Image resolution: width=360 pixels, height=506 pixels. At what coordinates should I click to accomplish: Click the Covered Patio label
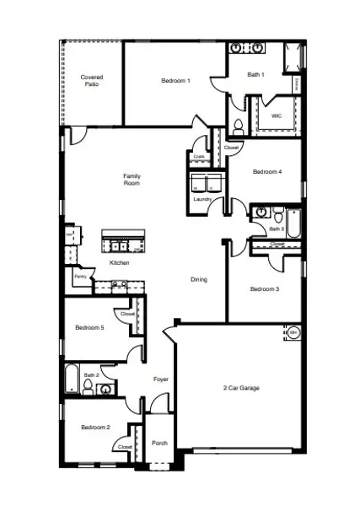click(x=92, y=81)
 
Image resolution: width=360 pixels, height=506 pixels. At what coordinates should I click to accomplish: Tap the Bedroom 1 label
click(x=175, y=81)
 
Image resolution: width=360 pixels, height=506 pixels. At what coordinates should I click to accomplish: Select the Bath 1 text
click(x=255, y=75)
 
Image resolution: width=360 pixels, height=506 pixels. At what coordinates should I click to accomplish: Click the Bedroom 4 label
click(x=267, y=172)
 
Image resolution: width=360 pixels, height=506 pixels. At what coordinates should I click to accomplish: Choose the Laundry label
click(x=201, y=199)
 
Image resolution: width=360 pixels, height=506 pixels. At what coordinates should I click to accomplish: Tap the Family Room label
click(x=132, y=180)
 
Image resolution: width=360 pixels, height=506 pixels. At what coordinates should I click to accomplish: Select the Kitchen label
click(x=120, y=263)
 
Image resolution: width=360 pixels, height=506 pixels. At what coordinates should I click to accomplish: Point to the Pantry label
click(x=80, y=276)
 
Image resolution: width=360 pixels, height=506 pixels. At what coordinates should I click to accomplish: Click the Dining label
click(x=198, y=280)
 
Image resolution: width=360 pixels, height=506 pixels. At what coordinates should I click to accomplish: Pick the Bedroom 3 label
click(x=264, y=289)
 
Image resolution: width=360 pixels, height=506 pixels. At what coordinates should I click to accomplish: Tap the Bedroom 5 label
click(x=89, y=327)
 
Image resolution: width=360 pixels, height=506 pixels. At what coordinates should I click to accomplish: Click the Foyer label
click(x=160, y=379)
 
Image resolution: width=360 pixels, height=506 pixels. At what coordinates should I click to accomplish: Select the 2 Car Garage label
click(x=241, y=388)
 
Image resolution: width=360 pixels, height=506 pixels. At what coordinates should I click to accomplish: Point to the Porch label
click(x=159, y=443)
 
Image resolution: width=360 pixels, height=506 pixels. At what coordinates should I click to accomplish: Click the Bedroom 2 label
click(x=95, y=428)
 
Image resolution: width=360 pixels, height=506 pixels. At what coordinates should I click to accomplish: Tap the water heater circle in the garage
click(x=293, y=333)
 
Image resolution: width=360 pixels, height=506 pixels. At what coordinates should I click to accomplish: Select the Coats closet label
click(x=199, y=156)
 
